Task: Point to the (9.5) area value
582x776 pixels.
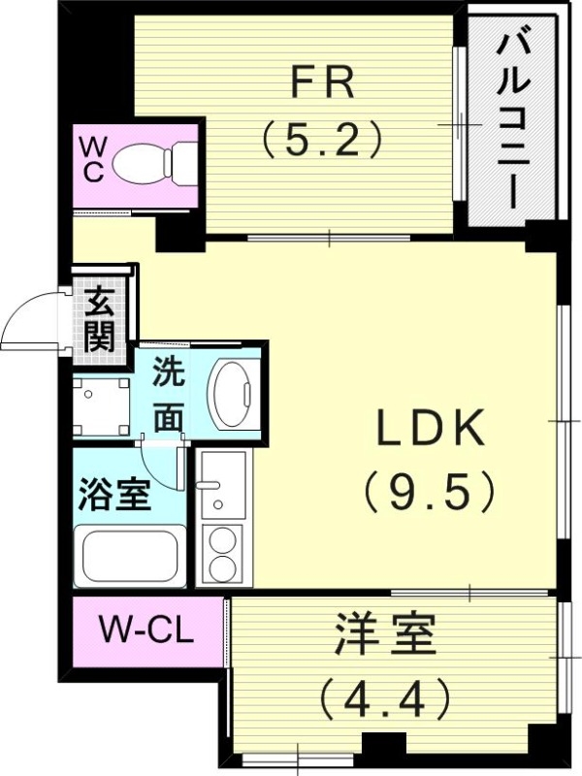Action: pos(430,491)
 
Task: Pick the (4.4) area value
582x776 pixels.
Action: pos(385,695)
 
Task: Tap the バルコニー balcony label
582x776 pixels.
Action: pos(511,120)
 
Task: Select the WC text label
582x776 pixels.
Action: pos(94,161)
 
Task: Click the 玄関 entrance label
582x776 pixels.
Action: pos(99,321)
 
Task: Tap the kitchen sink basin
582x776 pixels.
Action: pos(222,485)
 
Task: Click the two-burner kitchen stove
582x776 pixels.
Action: pos(223,553)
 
